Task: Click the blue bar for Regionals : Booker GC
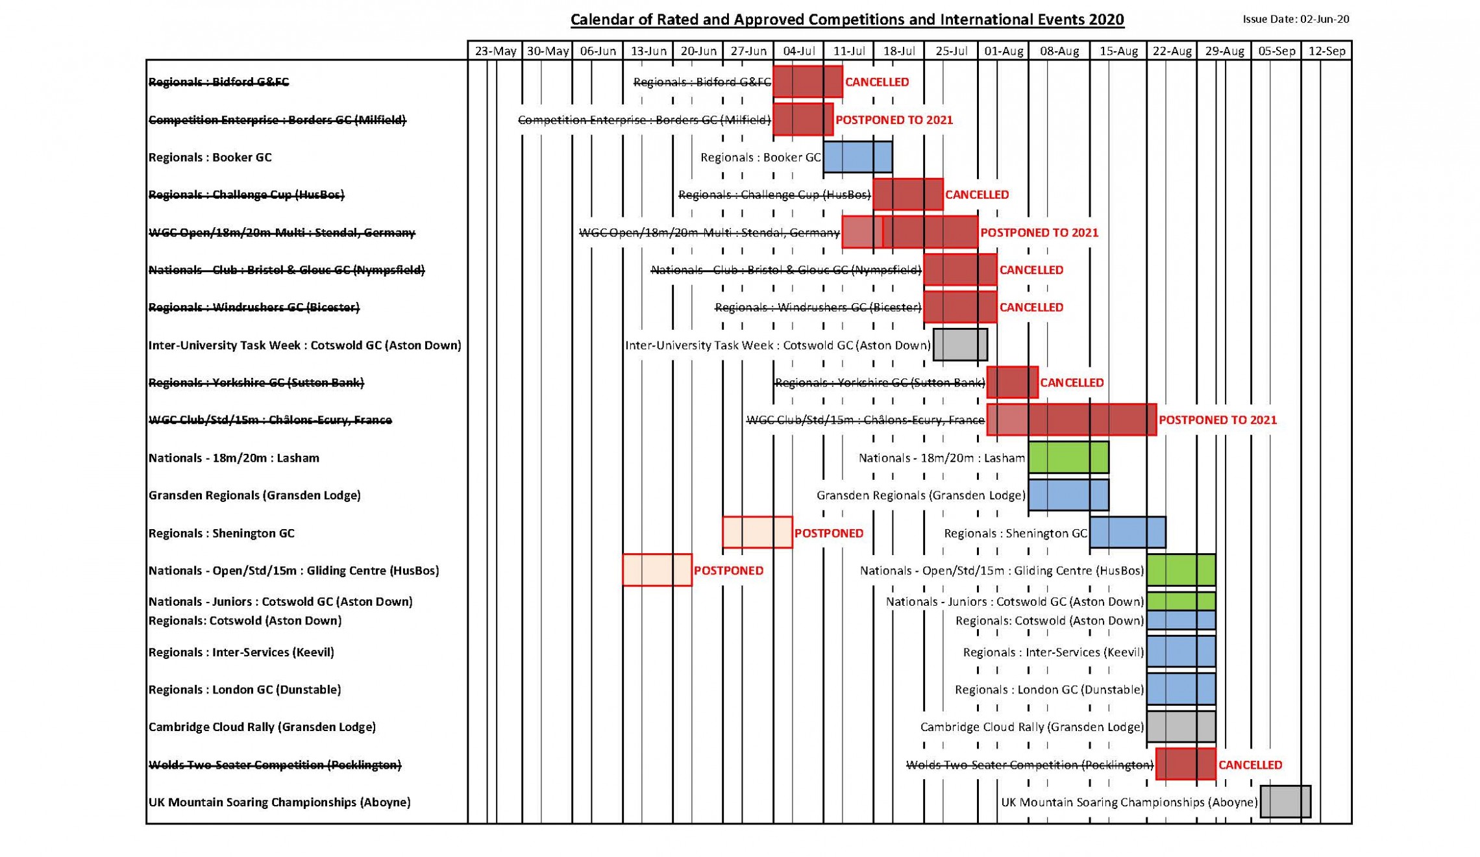pyautogui.click(x=857, y=156)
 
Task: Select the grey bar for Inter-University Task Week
pyautogui.click(x=960, y=344)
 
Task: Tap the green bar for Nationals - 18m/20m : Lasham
pyautogui.click(x=1068, y=457)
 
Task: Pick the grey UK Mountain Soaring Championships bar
pyautogui.click(x=1285, y=801)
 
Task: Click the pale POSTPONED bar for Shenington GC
pyautogui.click(x=757, y=532)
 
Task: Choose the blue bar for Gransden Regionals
pyautogui.click(x=1068, y=495)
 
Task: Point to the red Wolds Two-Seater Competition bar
pyautogui.click(x=1185, y=764)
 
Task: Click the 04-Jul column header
pyautogui.click(x=798, y=51)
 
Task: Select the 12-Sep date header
pyautogui.click(x=1327, y=51)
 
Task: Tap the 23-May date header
pyautogui.click(x=495, y=51)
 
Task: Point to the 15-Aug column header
pyautogui.click(x=1118, y=51)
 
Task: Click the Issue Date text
pyautogui.click(x=1296, y=19)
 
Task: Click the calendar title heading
pyautogui.click(x=847, y=19)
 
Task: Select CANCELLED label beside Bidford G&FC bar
pyautogui.click(x=876, y=82)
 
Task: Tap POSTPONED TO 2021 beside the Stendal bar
pyautogui.click(x=1039, y=232)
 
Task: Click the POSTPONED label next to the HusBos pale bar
pyautogui.click(x=728, y=571)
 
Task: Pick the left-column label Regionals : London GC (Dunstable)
pyautogui.click(x=245, y=689)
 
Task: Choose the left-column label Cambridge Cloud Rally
pyautogui.click(x=262, y=727)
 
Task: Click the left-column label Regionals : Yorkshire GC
pyautogui.click(x=256, y=382)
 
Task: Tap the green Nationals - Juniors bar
pyautogui.click(x=1181, y=601)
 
